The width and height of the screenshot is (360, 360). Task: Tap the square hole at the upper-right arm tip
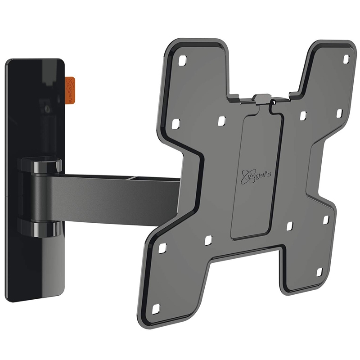point(346,59)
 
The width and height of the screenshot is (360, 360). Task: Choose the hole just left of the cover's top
point(221,121)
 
